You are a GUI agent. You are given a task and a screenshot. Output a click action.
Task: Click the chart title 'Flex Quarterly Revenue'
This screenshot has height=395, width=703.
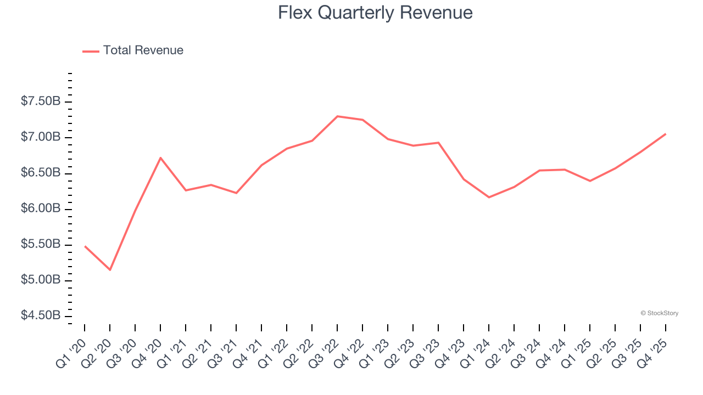point(375,13)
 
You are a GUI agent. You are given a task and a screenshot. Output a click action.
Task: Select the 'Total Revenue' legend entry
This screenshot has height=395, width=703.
point(143,50)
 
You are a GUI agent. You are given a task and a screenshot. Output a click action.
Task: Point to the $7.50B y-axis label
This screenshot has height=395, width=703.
point(41,101)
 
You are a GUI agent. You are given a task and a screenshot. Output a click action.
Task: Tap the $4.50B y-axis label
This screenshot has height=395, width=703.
point(41,316)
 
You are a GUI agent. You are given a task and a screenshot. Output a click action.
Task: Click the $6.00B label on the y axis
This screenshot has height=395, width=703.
point(41,209)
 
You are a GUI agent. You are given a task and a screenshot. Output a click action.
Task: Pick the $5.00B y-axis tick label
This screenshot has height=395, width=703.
point(41,280)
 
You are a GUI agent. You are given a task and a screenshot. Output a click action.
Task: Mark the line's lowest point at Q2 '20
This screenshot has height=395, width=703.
point(110,270)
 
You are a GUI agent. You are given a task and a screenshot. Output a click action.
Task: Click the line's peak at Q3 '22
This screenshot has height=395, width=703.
point(337,116)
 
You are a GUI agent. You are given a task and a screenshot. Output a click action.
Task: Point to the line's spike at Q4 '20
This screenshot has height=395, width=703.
point(160,158)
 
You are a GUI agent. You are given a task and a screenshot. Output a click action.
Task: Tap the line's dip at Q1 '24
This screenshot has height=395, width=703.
point(489,197)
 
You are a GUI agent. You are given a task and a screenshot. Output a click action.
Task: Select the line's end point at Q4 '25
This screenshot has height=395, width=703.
point(666,134)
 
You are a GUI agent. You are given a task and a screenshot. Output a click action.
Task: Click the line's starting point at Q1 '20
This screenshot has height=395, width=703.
point(85,246)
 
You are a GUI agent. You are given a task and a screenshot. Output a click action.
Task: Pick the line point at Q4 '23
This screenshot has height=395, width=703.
point(464,179)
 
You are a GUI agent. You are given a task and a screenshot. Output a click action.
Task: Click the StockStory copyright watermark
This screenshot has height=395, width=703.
point(659,313)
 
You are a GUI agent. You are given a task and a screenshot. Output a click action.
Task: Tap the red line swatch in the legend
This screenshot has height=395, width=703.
point(91,51)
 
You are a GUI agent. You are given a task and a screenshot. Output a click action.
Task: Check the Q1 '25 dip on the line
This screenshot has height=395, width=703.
point(590,180)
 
